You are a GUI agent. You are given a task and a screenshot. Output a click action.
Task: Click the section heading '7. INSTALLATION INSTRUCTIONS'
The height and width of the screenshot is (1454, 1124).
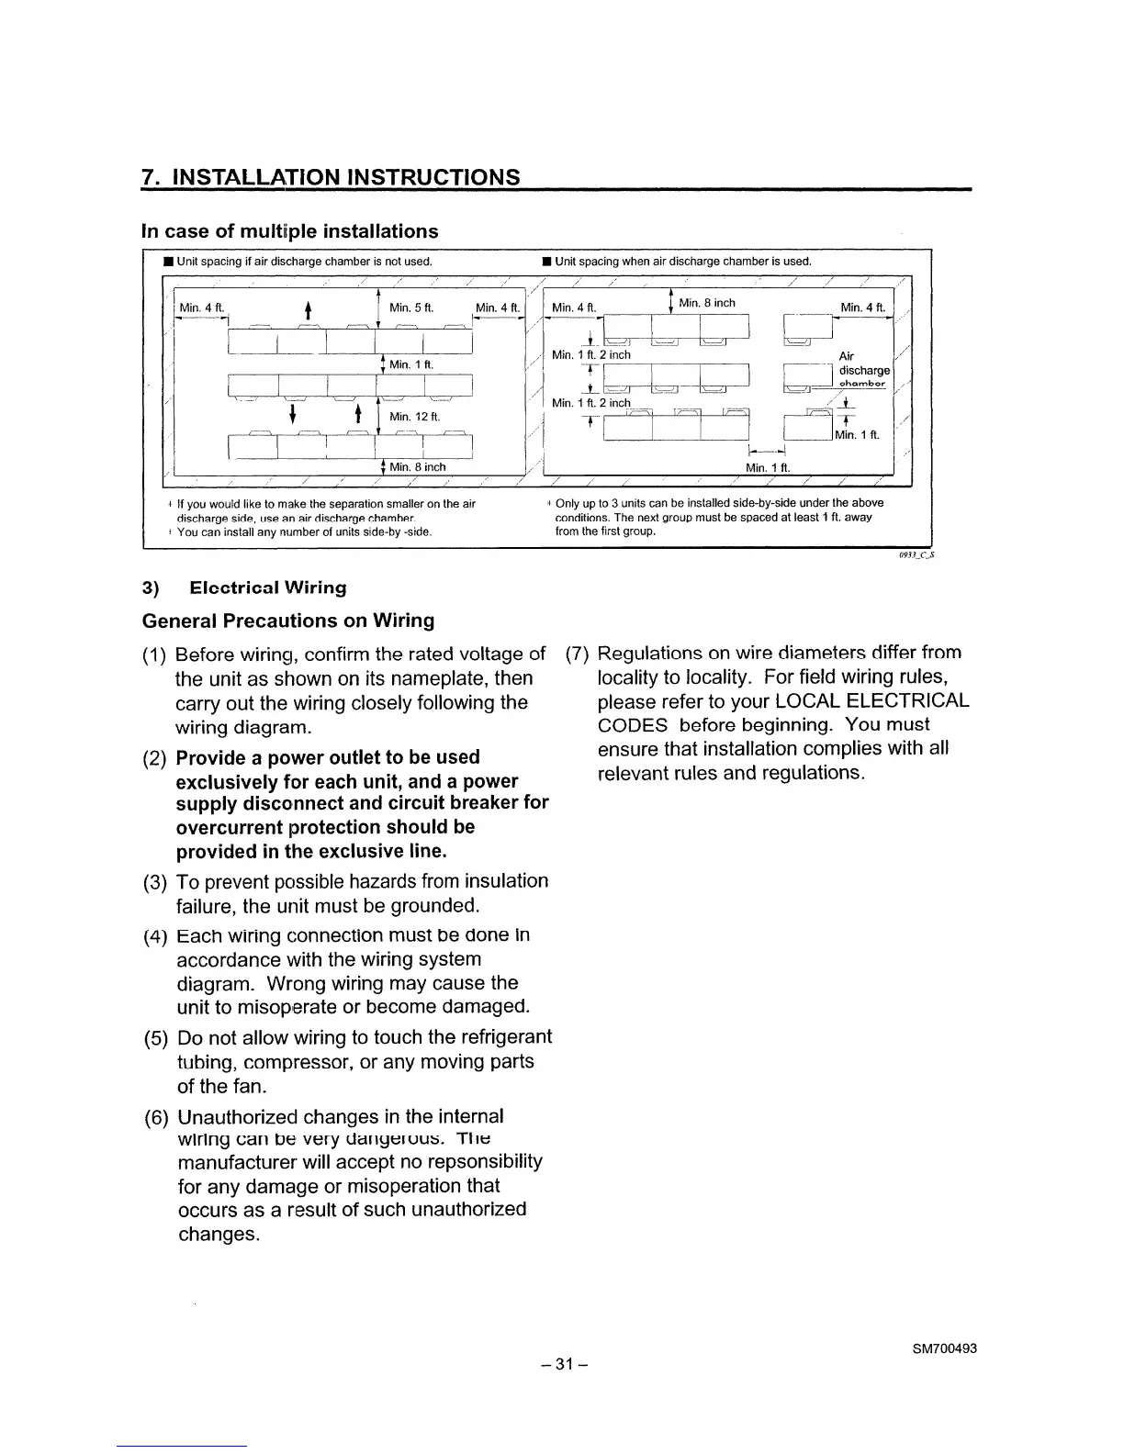tap(331, 176)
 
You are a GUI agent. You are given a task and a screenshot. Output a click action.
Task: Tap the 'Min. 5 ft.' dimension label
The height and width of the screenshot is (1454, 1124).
tap(411, 307)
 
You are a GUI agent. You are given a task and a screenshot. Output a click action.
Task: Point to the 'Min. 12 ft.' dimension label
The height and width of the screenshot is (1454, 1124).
tap(416, 417)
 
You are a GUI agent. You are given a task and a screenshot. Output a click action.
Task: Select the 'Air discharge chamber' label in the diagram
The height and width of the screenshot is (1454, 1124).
tap(864, 370)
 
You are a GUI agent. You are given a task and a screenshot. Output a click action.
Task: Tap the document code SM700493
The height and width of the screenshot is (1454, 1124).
tap(944, 1348)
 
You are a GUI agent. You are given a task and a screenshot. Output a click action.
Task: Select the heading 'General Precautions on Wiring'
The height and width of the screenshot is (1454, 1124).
tap(288, 621)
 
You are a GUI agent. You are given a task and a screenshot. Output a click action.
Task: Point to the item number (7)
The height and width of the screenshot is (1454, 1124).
tap(577, 654)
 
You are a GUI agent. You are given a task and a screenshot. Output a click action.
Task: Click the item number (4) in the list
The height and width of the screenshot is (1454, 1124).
tap(156, 936)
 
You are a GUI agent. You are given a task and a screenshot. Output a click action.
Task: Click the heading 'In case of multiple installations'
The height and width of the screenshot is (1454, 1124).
tap(289, 231)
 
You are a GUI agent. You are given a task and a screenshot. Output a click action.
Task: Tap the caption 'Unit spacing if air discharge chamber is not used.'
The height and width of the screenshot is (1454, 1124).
tap(304, 262)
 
